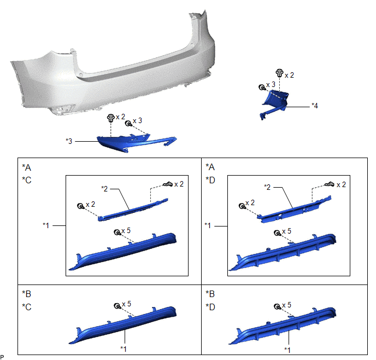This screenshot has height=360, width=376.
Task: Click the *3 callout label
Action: [x=69, y=141]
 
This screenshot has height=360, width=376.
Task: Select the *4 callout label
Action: [x=315, y=106]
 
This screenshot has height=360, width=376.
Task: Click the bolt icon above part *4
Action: [x=279, y=73]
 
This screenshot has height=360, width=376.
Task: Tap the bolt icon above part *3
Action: [x=110, y=118]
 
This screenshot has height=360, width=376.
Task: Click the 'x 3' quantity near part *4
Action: [x=271, y=85]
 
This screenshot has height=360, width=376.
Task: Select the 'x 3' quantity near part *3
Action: [x=137, y=121]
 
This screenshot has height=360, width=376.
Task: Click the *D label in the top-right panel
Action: [x=210, y=180]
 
